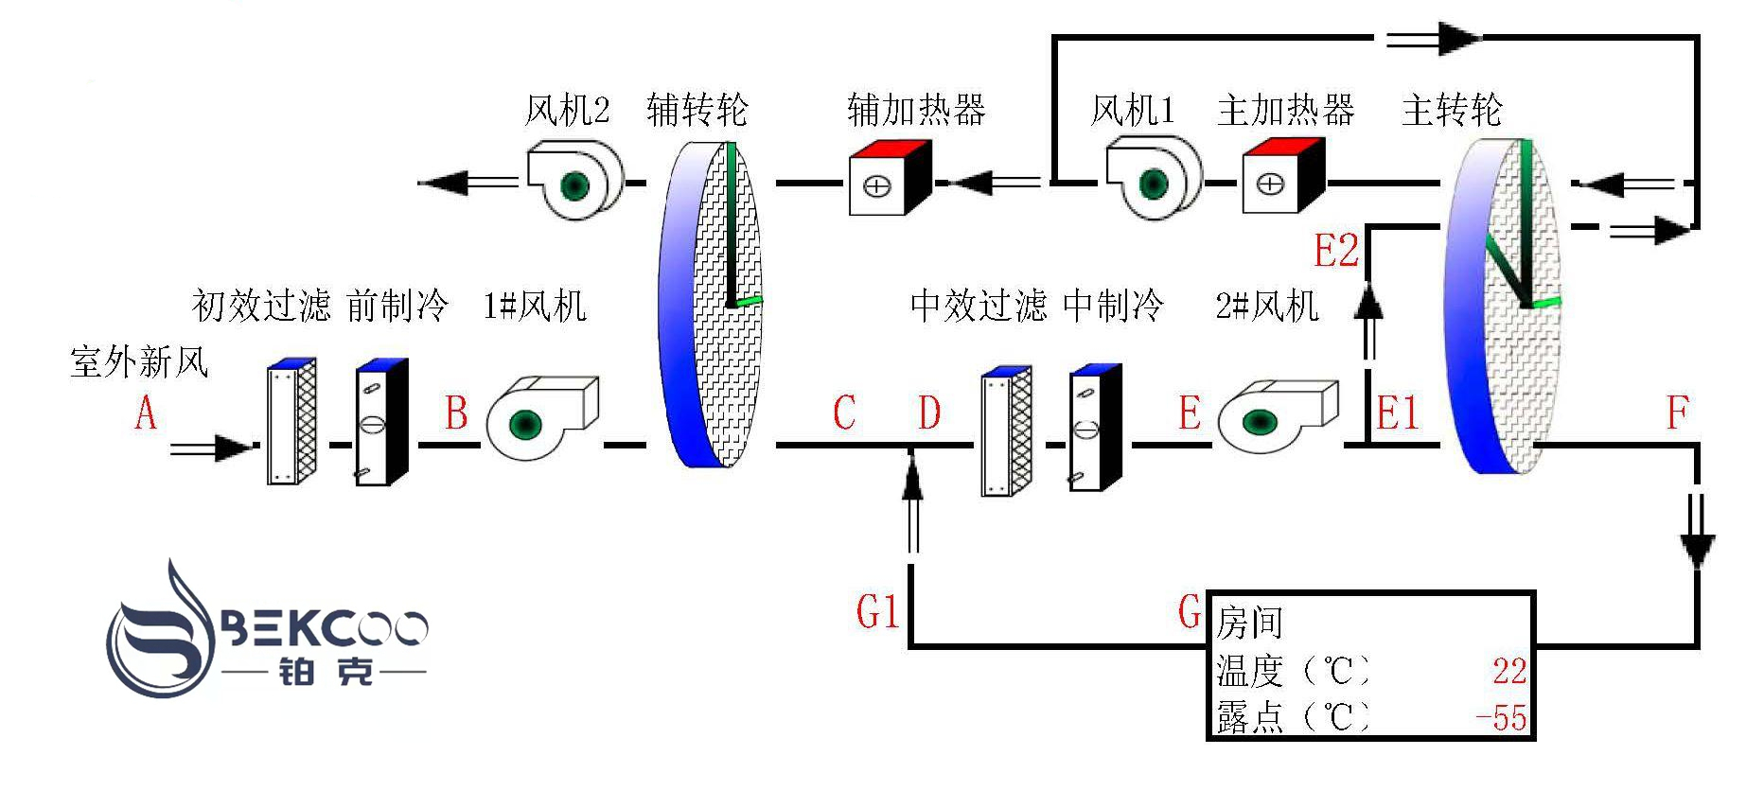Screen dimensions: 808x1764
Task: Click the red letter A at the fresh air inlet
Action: [x=145, y=413]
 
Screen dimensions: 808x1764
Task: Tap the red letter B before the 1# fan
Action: [x=457, y=413]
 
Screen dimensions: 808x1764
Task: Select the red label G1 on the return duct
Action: [x=877, y=612]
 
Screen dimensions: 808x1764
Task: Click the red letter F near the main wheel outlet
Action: [x=1677, y=413]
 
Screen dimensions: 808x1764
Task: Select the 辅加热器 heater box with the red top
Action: [x=889, y=178]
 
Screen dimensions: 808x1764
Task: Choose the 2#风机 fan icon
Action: [x=1276, y=417]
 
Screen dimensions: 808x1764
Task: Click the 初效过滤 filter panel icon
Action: [x=291, y=422]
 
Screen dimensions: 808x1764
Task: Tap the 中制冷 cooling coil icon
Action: [x=1095, y=427]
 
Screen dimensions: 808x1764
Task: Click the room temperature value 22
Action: [x=1508, y=672]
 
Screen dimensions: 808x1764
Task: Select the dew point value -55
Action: [x=1502, y=718]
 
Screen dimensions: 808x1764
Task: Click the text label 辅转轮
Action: [x=697, y=111]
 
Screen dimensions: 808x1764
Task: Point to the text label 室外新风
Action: [x=139, y=362]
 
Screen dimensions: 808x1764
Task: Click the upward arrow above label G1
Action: [x=912, y=501]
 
